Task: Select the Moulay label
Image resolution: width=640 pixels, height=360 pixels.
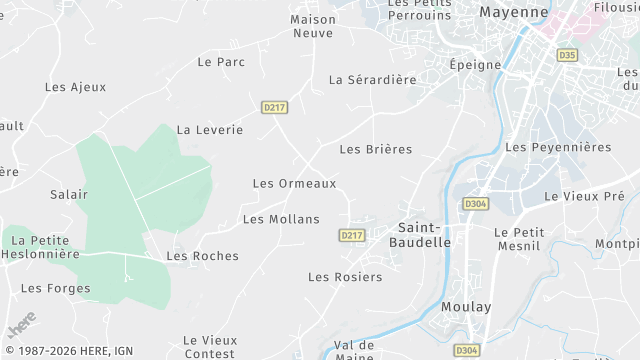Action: coord(467,307)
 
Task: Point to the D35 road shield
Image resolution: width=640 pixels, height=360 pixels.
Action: coord(568,55)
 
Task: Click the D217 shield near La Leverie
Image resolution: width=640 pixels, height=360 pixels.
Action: coord(274,107)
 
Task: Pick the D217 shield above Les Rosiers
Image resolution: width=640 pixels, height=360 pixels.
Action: coord(351,236)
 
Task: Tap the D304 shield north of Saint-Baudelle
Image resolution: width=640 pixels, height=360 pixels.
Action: coord(475,204)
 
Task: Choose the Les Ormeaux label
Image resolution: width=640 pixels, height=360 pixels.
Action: coord(294,184)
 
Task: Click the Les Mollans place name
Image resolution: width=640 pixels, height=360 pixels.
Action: coord(281,219)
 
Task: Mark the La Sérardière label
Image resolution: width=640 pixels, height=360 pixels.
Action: coord(372,80)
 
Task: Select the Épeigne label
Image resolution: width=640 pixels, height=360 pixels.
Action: coord(474,64)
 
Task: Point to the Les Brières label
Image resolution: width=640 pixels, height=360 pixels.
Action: coord(376,150)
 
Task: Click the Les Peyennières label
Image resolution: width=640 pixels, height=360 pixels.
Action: coord(558,147)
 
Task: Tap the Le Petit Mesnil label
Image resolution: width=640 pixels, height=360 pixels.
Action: coord(519,240)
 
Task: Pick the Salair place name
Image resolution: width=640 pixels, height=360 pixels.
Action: coord(69,194)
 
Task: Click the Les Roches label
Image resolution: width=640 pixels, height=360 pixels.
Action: coord(203,256)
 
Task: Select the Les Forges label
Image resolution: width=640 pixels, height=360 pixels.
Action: coord(55,289)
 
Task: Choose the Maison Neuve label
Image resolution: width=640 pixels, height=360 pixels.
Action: coord(312,26)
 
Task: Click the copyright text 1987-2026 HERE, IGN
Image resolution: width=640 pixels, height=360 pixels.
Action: coord(68,350)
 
